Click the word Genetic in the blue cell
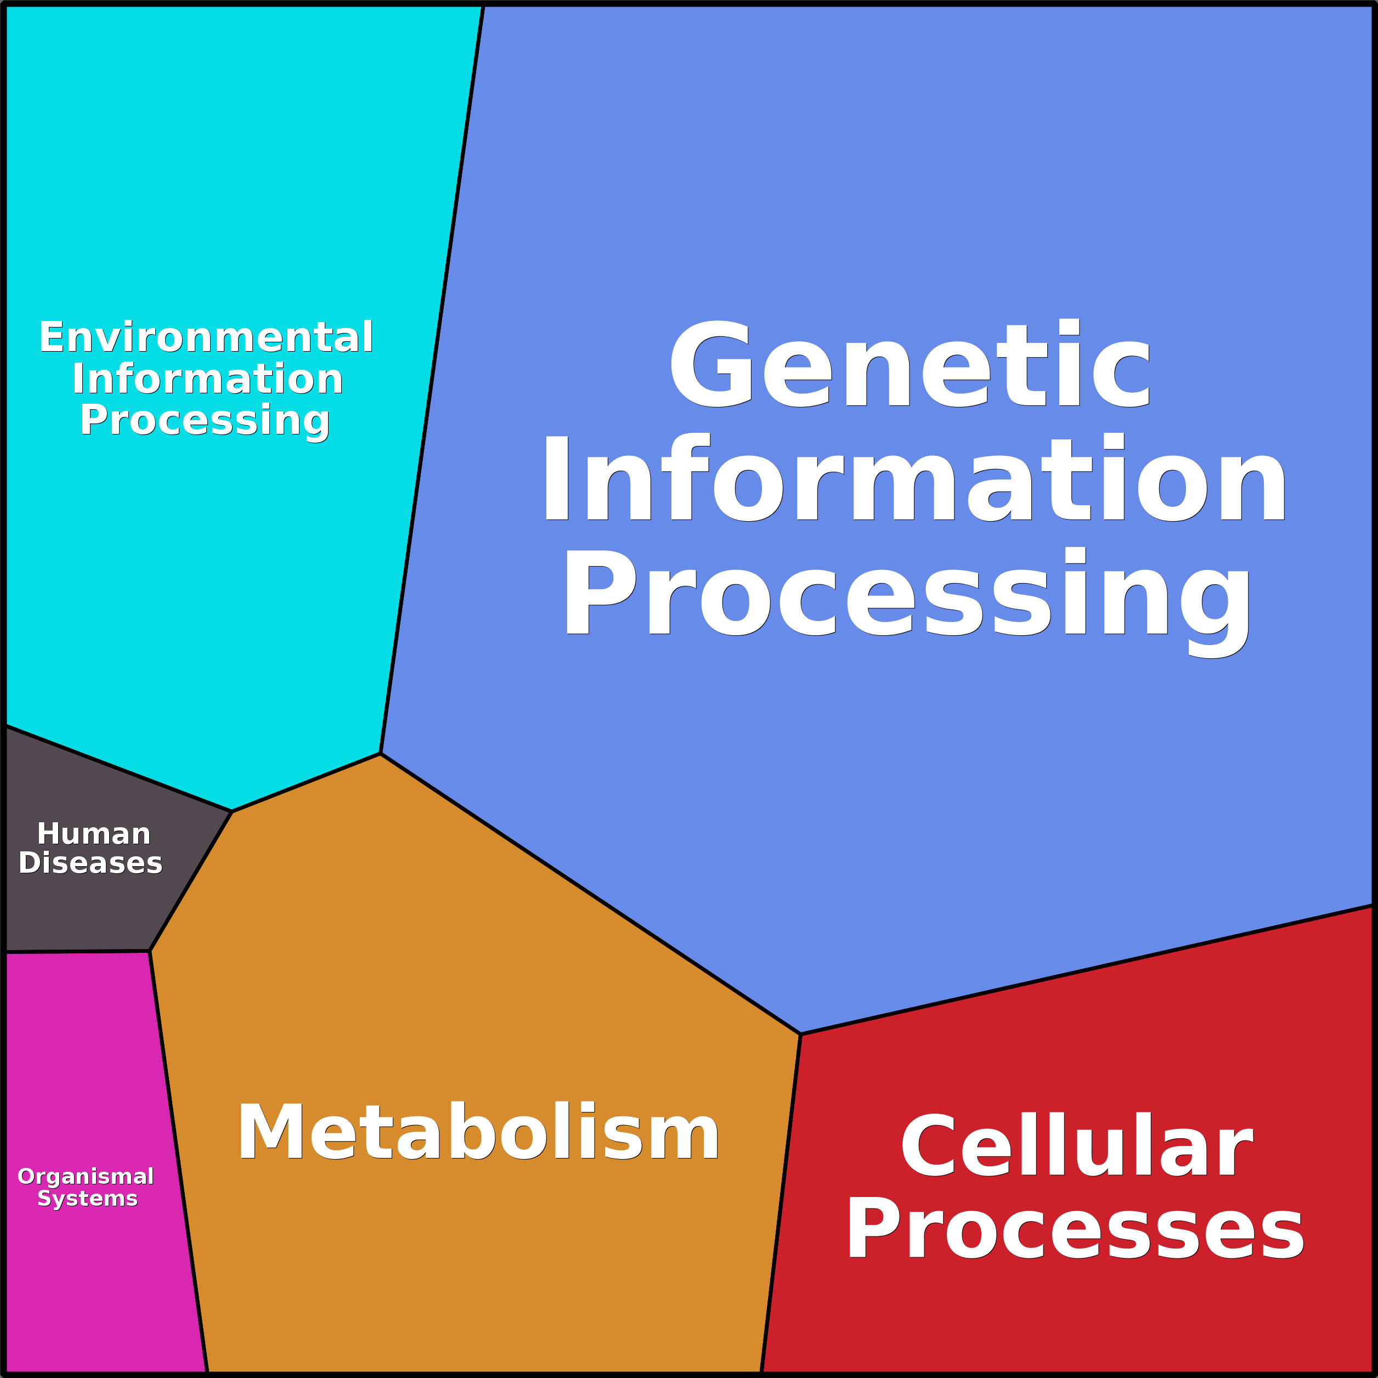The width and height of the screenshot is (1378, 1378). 910,365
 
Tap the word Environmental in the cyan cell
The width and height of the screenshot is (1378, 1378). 206,337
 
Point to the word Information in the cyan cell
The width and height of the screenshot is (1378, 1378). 207,379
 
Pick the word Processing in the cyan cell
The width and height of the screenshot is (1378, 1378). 205,420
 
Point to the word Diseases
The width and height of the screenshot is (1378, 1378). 91,863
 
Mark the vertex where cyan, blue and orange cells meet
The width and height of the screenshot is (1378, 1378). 381,753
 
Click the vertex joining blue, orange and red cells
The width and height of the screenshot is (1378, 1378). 800,1033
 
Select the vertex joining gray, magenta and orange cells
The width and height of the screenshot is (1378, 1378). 150,951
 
